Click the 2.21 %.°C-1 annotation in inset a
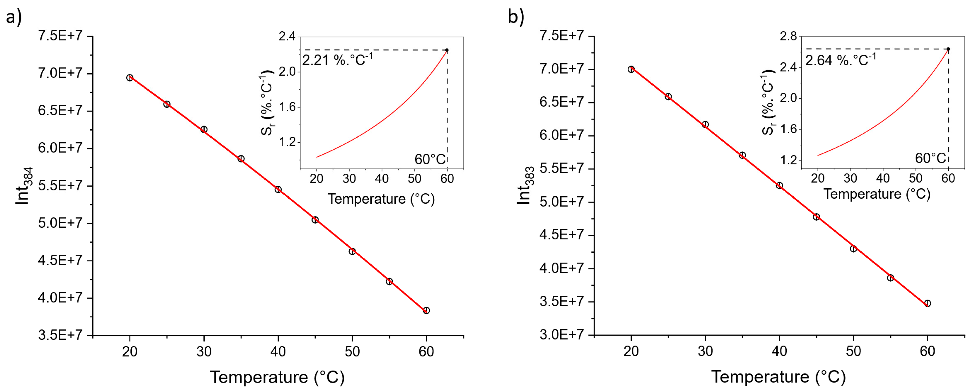[x=337, y=60]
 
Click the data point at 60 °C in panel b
[x=927, y=303]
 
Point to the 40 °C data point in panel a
[x=278, y=189]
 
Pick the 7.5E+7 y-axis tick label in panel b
[x=561, y=36]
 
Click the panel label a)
[x=14, y=17]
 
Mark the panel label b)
[x=516, y=17]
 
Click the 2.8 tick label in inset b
[x=789, y=37]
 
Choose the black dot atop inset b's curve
[x=948, y=49]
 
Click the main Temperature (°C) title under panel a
[x=277, y=377]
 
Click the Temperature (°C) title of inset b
[x=876, y=194]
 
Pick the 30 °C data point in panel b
[x=705, y=125]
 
